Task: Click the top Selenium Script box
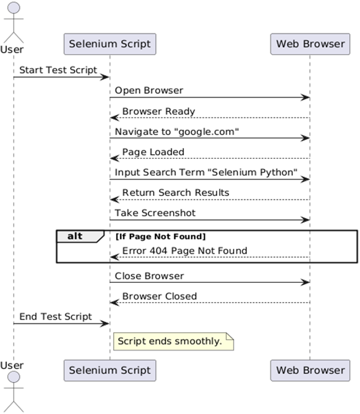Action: pos(110,44)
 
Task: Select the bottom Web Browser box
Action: pos(310,370)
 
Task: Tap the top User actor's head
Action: pos(13,9)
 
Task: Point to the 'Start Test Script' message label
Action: pos(58,70)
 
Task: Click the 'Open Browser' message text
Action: pos(149,90)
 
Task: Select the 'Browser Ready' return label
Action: pos(158,111)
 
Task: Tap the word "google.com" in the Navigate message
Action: pos(206,132)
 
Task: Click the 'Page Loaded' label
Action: pos(153,152)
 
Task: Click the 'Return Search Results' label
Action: pos(176,192)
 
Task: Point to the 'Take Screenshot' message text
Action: pos(155,213)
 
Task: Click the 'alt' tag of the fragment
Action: pos(75,236)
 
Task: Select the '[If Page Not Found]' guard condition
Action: pos(160,236)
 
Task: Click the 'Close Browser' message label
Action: pos(150,276)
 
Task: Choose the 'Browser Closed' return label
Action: pos(160,296)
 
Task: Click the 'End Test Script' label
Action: pos(55,317)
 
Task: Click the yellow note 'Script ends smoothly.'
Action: pos(173,341)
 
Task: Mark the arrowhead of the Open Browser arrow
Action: pos(305,97)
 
